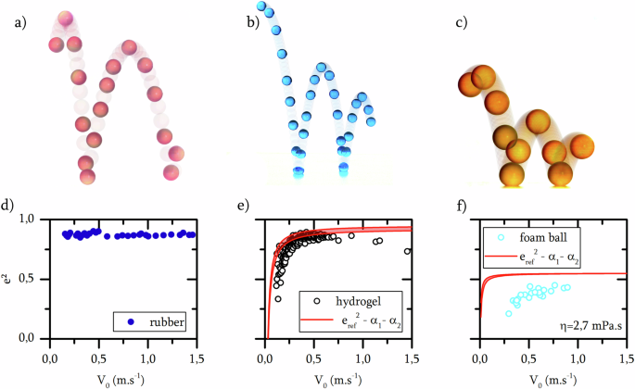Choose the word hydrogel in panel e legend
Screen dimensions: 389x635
click(357, 301)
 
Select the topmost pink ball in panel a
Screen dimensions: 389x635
click(65, 19)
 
